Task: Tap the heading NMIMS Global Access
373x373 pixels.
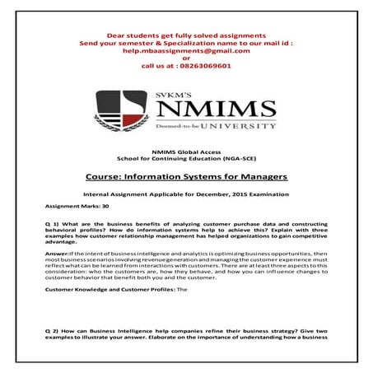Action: [x=186, y=153]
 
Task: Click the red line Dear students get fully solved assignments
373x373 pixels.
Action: [x=186, y=35]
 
